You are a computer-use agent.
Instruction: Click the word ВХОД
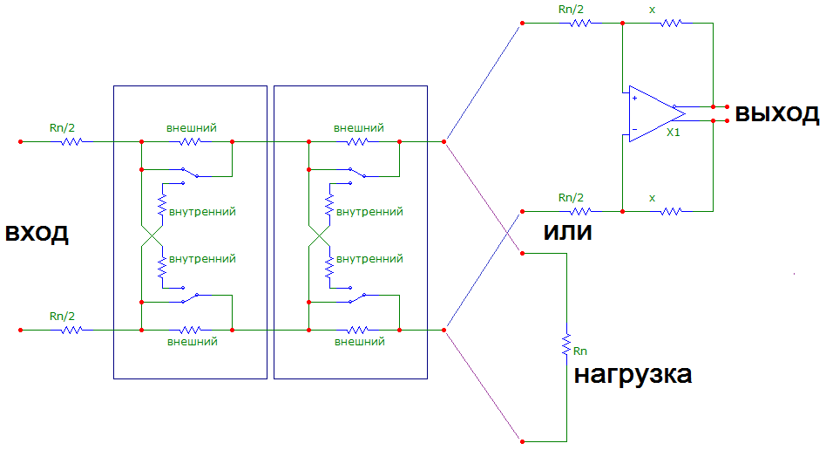tap(37, 235)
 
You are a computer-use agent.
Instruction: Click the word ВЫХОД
tap(776, 114)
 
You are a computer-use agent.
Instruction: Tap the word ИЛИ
tap(569, 235)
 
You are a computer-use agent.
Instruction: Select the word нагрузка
tap(633, 376)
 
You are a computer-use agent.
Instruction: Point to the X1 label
tap(673, 133)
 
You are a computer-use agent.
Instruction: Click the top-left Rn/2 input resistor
tap(71, 140)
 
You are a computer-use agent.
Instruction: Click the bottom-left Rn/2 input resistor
tap(71, 330)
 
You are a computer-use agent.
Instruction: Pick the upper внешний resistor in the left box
tap(190, 140)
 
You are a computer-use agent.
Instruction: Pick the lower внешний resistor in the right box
tap(357, 330)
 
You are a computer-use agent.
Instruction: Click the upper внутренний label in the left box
tap(202, 211)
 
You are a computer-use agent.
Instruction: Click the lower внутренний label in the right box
tap(369, 260)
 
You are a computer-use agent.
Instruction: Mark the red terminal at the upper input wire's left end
tap(20, 140)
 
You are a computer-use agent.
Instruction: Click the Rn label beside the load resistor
tap(581, 351)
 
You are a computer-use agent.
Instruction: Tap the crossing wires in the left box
tap(151, 235)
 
